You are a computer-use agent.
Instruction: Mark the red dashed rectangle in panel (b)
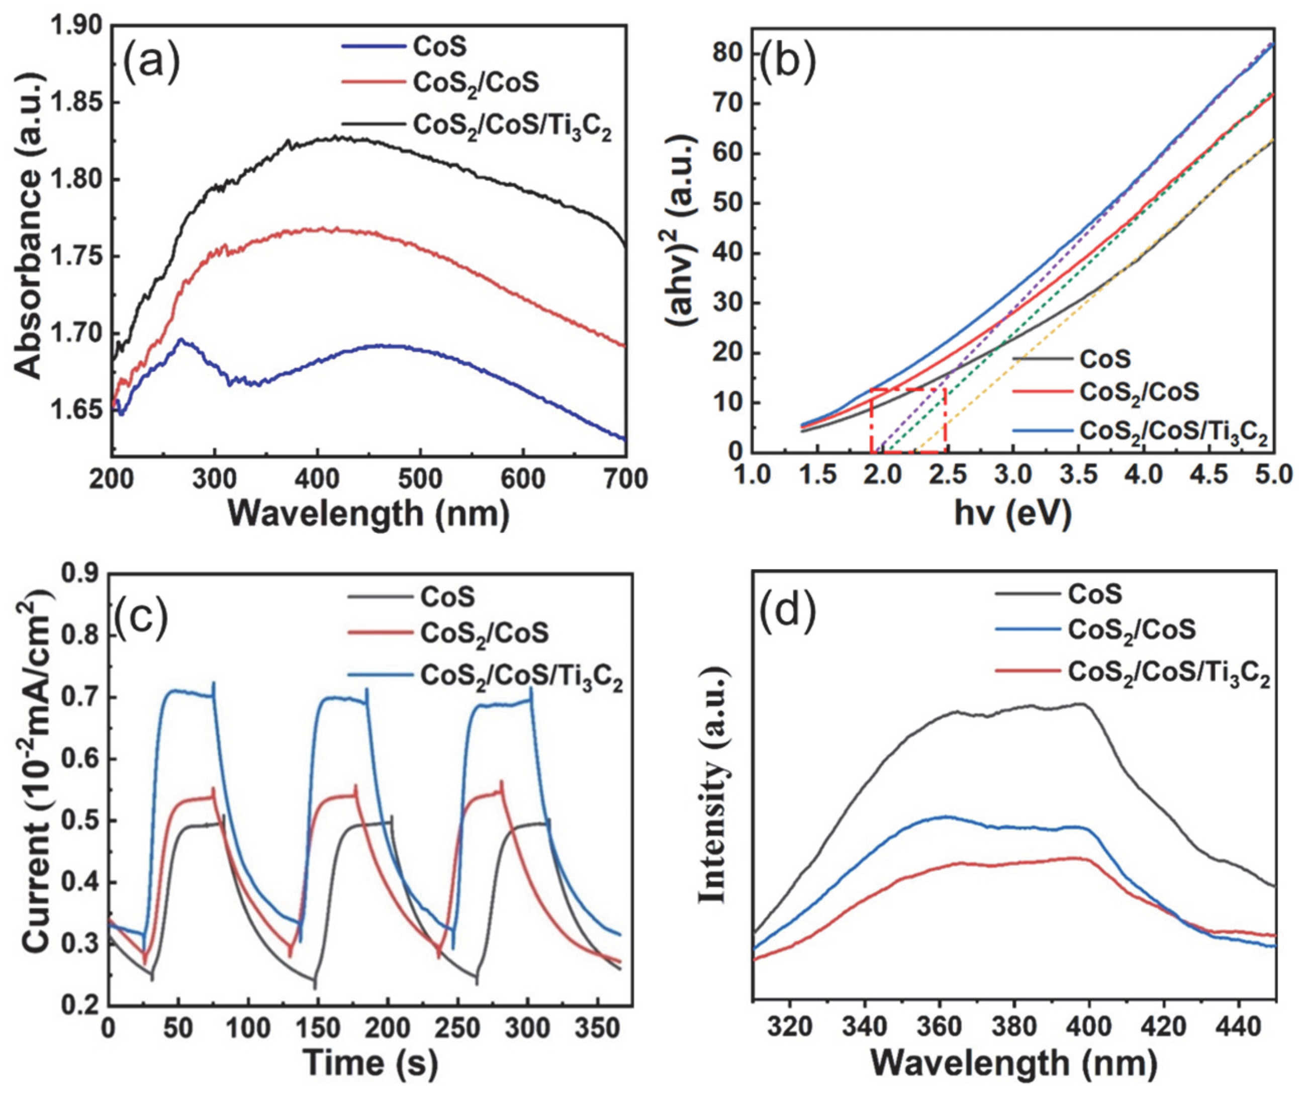tap(908, 420)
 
